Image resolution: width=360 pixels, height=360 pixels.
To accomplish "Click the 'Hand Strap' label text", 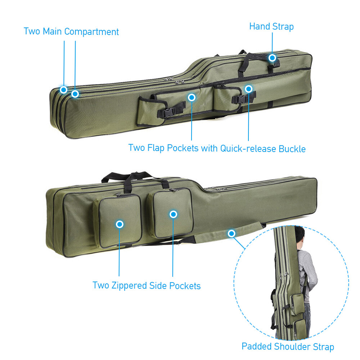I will [x=271, y=27].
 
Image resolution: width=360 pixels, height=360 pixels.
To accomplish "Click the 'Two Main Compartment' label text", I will [x=71, y=31].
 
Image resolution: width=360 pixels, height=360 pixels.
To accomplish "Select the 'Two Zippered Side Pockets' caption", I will [x=147, y=285].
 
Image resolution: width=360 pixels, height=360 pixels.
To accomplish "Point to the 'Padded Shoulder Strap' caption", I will [x=288, y=347].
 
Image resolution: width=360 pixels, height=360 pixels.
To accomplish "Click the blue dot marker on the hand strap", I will [x=272, y=58].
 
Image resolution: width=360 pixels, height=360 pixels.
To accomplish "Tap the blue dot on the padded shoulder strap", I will [x=231, y=234].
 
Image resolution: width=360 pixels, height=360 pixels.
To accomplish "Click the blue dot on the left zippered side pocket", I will [x=120, y=224].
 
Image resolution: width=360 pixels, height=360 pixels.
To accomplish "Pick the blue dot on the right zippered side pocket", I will [x=174, y=214].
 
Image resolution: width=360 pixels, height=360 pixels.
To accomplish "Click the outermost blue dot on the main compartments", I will [x=64, y=89].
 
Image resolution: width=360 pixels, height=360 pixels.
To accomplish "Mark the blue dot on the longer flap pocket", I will [x=192, y=97].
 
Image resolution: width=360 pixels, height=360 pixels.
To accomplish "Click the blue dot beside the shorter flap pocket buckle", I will [x=248, y=88].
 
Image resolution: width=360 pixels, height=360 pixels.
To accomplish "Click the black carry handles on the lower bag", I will [x=133, y=178].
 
